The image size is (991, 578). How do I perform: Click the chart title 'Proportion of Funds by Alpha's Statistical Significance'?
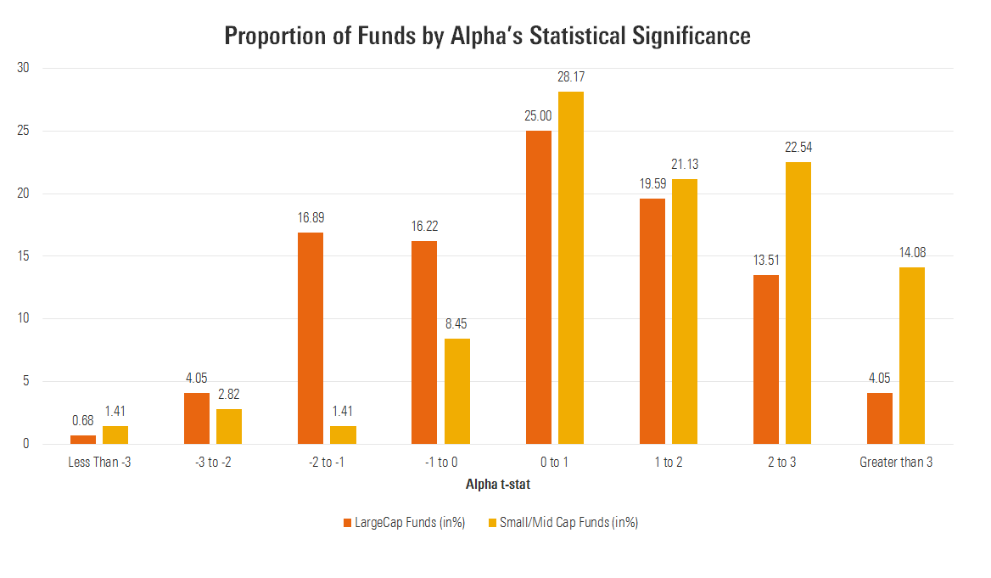pos(487,36)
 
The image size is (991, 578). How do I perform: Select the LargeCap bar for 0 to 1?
pos(539,287)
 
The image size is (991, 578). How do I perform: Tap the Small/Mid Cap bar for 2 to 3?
pos(798,303)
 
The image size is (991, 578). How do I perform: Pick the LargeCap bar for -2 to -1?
pos(311,338)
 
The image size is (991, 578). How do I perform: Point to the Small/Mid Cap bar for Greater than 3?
pos(912,356)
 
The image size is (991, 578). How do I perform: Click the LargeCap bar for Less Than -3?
pos(83,440)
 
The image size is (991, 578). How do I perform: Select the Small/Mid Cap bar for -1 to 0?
pos(456,390)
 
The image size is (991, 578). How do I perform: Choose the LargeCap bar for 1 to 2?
pos(652,321)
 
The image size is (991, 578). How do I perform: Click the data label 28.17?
pos(571,77)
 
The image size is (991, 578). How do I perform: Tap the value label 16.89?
pos(311,218)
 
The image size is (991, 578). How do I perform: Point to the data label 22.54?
pos(798,148)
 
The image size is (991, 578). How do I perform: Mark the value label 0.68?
pos(83,421)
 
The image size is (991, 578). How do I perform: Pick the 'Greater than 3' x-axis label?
pos(896,463)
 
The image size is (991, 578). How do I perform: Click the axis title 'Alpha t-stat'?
pos(498,485)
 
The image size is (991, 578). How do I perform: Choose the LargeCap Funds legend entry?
pos(404,523)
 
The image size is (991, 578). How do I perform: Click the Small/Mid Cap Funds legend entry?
pos(557,523)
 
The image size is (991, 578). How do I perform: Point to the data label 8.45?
pos(456,324)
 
